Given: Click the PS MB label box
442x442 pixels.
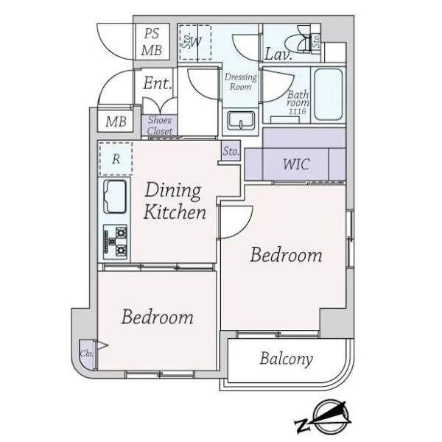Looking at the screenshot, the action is pos(152,42).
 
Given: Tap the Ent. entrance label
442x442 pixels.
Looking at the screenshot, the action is pos(157,83).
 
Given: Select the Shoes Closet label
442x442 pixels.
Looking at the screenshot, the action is pos(160,126).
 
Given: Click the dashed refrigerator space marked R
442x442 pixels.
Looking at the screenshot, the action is pos(116,158).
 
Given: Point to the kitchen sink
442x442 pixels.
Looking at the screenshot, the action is pos(115,197).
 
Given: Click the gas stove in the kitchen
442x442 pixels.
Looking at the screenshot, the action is pos(115,242).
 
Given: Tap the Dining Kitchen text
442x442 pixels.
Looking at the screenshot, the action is pos(174,201).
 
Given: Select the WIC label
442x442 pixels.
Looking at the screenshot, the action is pos(296,164).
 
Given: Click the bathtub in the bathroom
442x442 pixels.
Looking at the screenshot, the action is pos(329,94).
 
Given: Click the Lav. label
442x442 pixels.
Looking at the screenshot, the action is pos(278,54).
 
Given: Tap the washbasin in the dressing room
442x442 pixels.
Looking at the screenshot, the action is pos(241,120).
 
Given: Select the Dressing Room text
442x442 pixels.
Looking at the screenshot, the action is pos(241,82).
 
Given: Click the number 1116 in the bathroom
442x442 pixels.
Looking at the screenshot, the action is pos(298,111).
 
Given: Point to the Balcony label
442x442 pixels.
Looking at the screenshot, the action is pos(286,359).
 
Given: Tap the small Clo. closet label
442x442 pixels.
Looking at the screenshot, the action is pos(86,354).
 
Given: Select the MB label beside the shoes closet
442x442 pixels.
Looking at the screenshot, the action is pos(116,122).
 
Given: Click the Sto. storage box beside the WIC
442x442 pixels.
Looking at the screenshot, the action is pos(231,151).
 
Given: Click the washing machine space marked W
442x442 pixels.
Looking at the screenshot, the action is pos(195,42).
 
